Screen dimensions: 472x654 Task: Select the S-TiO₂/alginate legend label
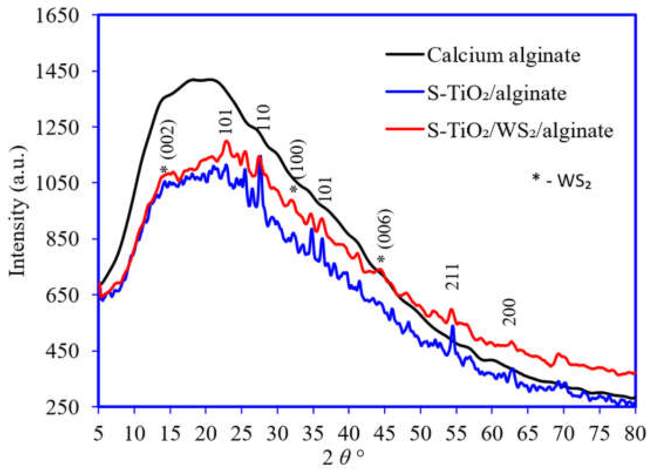497,93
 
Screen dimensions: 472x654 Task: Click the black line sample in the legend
404,54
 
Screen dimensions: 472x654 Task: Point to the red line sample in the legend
404,129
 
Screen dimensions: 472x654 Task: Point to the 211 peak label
452,277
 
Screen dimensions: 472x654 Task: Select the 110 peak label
263,117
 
